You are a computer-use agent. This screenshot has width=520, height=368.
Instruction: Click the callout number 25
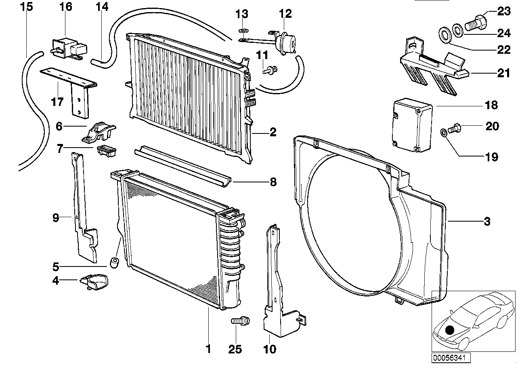click(x=235, y=349)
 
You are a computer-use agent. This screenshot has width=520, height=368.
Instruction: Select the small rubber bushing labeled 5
click(x=114, y=262)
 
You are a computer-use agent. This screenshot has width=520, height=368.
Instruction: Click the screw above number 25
click(x=241, y=321)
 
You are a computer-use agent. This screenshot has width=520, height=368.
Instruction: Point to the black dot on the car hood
click(x=450, y=330)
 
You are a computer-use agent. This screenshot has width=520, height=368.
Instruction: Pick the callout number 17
click(x=57, y=102)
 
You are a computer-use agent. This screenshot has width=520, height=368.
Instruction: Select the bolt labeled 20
click(x=454, y=128)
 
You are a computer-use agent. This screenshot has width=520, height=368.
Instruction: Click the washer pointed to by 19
click(x=443, y=133)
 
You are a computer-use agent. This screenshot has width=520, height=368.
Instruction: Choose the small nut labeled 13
click(x=243, y=30)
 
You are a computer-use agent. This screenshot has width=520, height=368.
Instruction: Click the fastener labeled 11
click(x=270, y=70)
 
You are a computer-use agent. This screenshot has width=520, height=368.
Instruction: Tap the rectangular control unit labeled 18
click(x=412, y=125)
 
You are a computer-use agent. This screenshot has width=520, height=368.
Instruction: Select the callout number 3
click(x=487, y=221)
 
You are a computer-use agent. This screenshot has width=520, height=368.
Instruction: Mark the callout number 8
click(x=273, y=182)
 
